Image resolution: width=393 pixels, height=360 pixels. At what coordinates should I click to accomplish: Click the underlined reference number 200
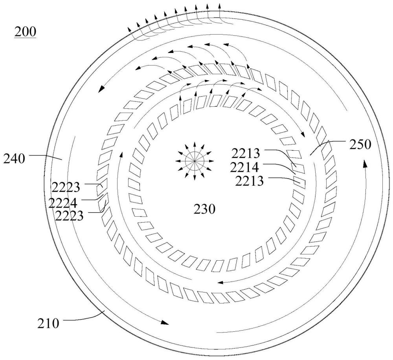25,32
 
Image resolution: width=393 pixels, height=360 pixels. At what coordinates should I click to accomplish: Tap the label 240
14,159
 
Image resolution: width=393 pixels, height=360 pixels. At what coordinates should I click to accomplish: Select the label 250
360,144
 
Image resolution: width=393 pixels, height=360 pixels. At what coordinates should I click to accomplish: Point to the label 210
48,323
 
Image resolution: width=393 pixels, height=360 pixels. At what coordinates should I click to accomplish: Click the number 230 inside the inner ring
204,209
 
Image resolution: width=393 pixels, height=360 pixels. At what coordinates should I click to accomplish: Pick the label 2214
244,168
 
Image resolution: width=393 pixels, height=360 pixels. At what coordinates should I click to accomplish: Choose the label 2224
63,203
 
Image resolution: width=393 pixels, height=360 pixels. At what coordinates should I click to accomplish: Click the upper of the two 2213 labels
246,154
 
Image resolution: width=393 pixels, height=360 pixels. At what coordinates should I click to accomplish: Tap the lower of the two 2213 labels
250,181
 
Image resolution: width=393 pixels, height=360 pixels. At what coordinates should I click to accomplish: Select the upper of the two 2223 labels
66,187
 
